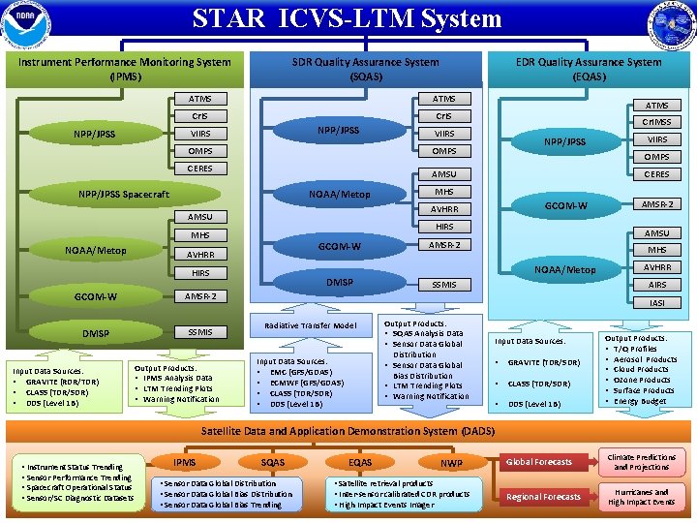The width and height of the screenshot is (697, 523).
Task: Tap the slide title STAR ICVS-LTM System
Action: [x=347, y=18]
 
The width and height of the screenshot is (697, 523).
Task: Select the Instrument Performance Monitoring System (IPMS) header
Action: [x=125, y=69]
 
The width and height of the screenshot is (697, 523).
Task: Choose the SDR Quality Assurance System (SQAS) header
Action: [x=365, y=69]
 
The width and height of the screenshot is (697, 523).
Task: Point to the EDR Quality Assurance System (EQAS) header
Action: [x=589, y=69]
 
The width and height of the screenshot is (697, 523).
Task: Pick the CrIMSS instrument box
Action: [x=656, y=122]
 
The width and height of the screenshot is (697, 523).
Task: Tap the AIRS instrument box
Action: [x=656, y=285]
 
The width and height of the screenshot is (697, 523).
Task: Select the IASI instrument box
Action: [x=656, y=302]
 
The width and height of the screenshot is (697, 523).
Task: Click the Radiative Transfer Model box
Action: [x=310, y=325]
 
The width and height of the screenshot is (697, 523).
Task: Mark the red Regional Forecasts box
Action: [x=543, y=497]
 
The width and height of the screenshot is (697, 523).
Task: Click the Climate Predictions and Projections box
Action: [x=641, y=462]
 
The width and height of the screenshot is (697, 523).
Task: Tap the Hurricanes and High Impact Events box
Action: [x=641, y=497]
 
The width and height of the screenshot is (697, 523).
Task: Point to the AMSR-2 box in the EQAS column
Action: [x=656, y=203]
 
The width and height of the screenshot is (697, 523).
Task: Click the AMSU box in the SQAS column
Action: [x=443, y=174]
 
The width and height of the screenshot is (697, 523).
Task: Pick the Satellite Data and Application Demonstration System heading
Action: [x=347, y=430]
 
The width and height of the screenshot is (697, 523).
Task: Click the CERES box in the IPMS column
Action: [x=200, y=169]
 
